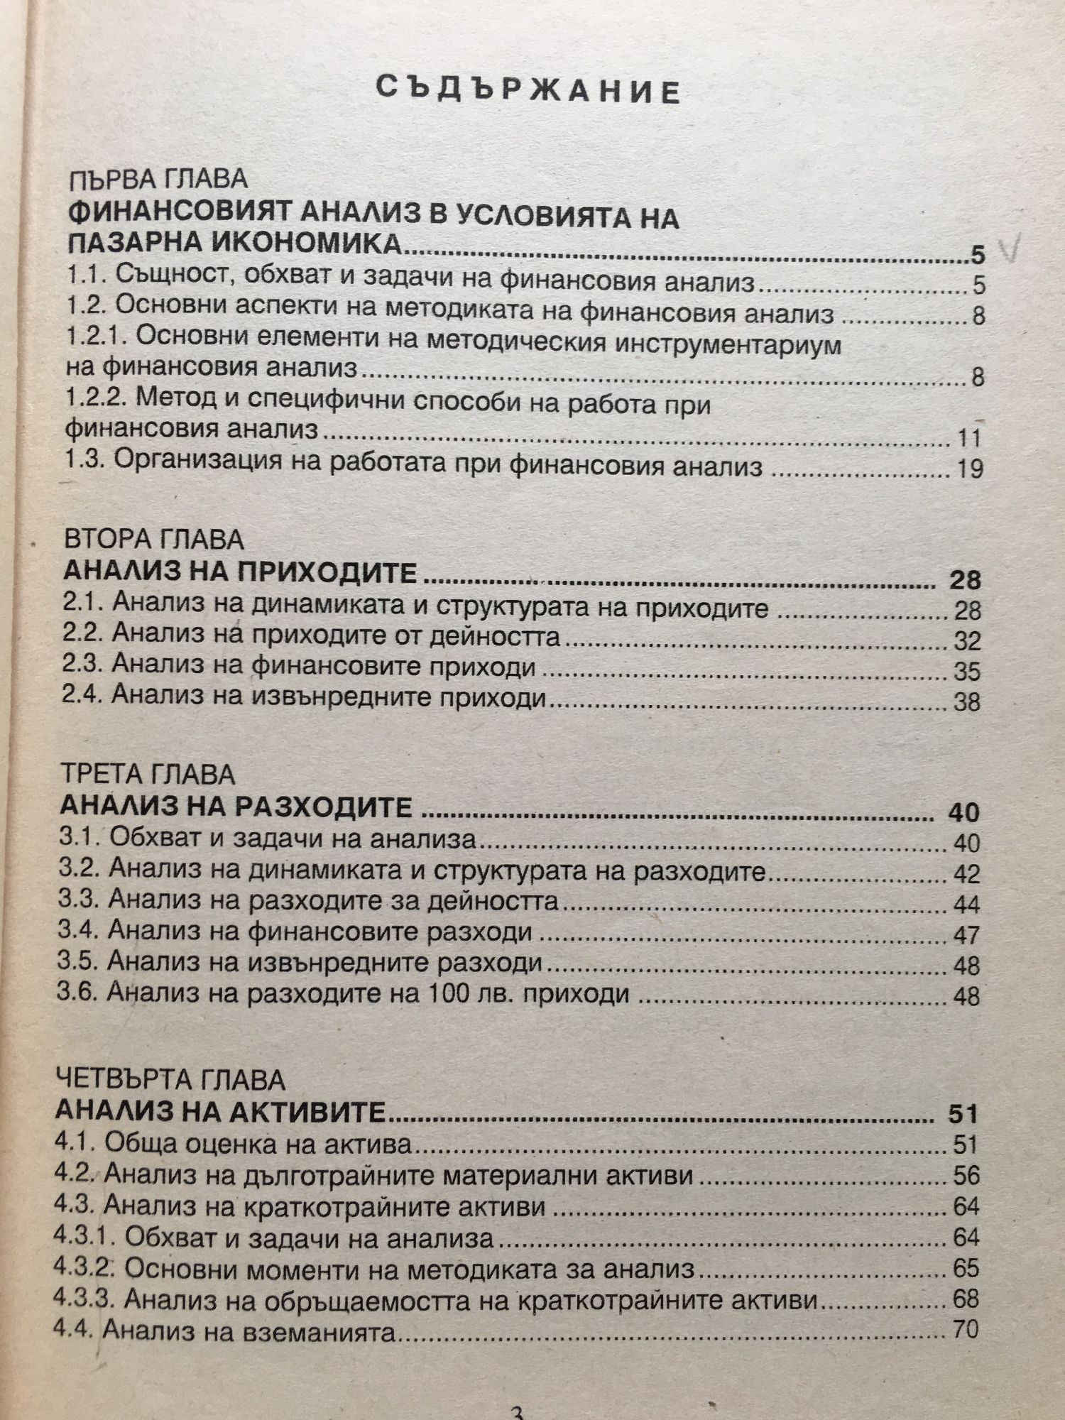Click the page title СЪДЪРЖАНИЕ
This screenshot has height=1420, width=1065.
click(x=528, y=91)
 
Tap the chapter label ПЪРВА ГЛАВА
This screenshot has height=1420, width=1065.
click(x=158, y=179)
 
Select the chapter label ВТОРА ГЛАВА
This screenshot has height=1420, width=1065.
click(x=153, y=540)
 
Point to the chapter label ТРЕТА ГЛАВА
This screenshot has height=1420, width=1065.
click(x=148, y=774)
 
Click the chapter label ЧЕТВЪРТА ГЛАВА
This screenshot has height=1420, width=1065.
click(x=170, y=1081)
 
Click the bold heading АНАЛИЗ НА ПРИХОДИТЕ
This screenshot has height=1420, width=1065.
click(x=239, y=572)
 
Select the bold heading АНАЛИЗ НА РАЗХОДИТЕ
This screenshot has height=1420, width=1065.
click(x=236, y=807)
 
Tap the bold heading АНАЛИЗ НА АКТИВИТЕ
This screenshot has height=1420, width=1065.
click(x=220, y=1111)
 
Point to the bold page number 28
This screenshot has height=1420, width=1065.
click(x=964, y=580)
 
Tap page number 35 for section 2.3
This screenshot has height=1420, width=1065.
click(x=966, y=672)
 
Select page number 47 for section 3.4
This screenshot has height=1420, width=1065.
click(x=966, y=935)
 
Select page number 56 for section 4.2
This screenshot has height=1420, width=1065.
click(x=966, y=1176)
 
